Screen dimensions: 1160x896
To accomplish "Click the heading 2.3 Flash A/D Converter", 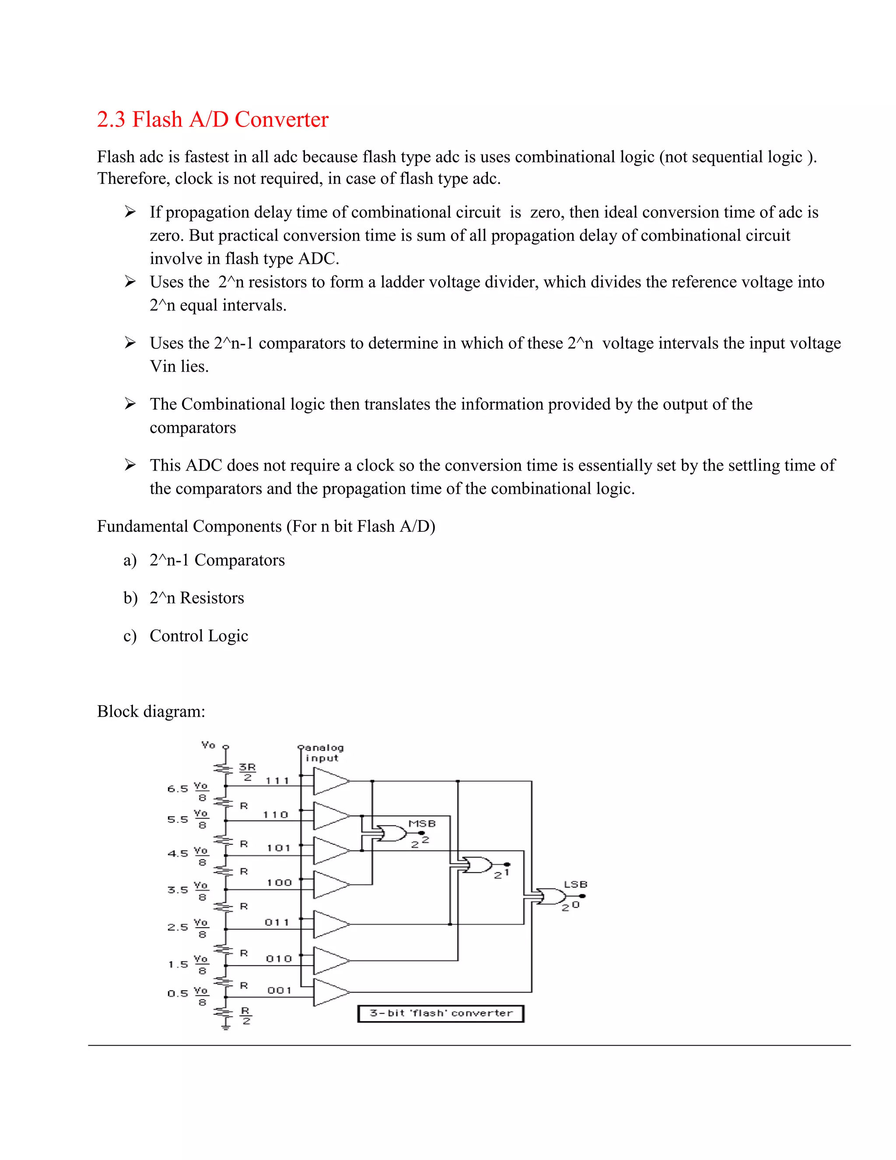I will click(212, 120).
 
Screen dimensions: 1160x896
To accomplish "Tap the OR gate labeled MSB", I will click(391, 833).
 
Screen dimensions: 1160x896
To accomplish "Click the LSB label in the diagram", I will click(575, 884).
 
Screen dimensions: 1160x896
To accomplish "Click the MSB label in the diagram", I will click(422, 823).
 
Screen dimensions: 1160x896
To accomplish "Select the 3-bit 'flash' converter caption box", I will click(441, 1013).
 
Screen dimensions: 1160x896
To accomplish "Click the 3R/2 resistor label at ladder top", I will click(247, 772).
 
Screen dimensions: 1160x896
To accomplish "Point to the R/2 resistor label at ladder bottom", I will click(246, 1015).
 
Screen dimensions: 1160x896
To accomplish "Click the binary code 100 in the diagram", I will click(279, 883).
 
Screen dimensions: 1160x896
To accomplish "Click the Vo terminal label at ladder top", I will click(209, 745).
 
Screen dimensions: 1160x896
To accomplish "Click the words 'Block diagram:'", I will click(151, 711).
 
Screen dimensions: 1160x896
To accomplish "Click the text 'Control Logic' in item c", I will click(199, 636).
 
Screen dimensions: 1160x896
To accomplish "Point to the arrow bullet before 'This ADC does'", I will click(130, 465).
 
